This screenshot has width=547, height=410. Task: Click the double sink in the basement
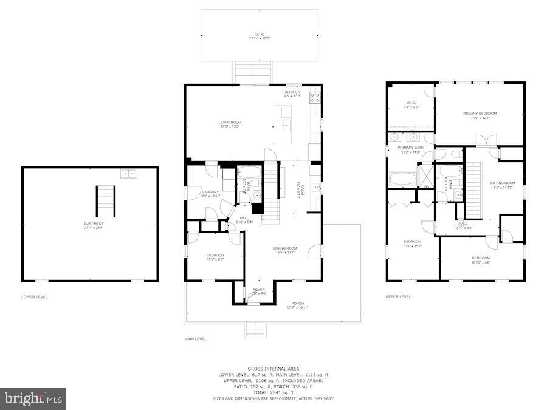(x=129, y=174)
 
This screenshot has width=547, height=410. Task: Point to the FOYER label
(x=259, y=290)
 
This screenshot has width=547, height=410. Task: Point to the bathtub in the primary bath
(x=402, y=179)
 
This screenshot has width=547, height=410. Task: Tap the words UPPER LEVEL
(x=398, y=297)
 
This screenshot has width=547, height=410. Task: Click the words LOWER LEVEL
(x=35, y=297)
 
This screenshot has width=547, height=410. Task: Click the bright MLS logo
(x=33, y=399)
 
